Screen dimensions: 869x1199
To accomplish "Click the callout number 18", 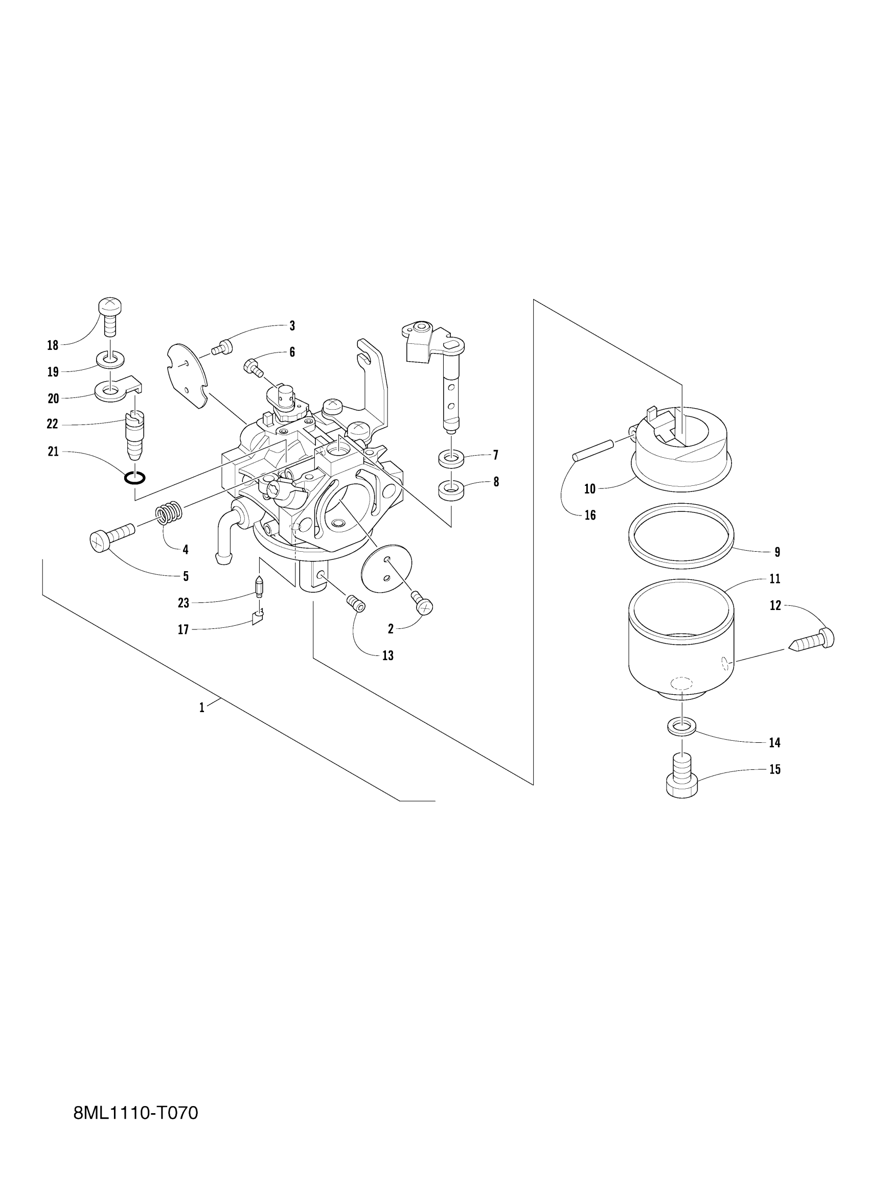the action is [52, 346].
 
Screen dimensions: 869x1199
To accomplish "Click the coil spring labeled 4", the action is [169, 513].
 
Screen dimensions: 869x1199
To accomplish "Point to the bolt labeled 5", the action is [110, 536].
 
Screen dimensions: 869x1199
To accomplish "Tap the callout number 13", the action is [387, 655].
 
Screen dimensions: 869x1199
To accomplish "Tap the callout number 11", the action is [775, 579].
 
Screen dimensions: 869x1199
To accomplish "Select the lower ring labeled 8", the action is [451, 489].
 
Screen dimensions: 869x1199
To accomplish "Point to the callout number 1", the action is [201, 708].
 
